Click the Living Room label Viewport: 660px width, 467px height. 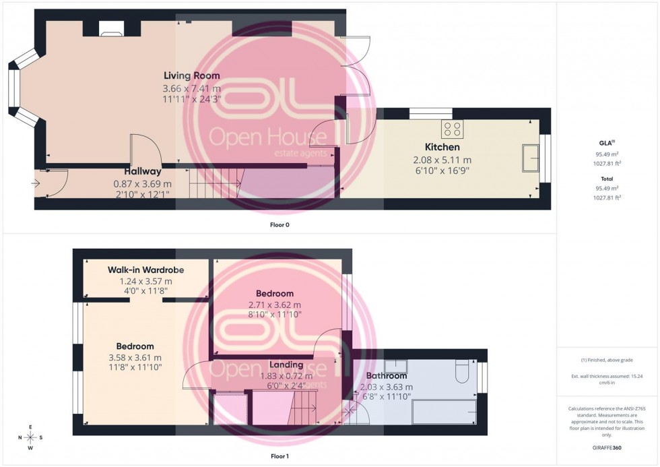tap(191, 75)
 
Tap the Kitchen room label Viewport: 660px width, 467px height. tap(442, 147)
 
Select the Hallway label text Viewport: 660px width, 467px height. tap(142, 171)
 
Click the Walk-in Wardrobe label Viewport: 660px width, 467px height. tap(145, 270)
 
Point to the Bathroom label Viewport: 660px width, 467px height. tap(386, 375)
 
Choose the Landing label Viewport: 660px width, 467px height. tap(286, 365)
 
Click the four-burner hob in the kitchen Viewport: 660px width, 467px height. tap(451, 128)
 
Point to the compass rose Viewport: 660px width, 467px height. tap(31, 437)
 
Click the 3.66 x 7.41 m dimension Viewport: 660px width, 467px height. tap(191, 88)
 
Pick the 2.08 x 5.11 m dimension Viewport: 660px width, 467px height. tap(442, 160)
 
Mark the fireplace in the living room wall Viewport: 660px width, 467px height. tap(111, 28)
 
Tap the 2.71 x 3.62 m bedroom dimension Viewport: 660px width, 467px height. tap(275, 305)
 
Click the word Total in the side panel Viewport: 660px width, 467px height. tap(607, 179)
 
